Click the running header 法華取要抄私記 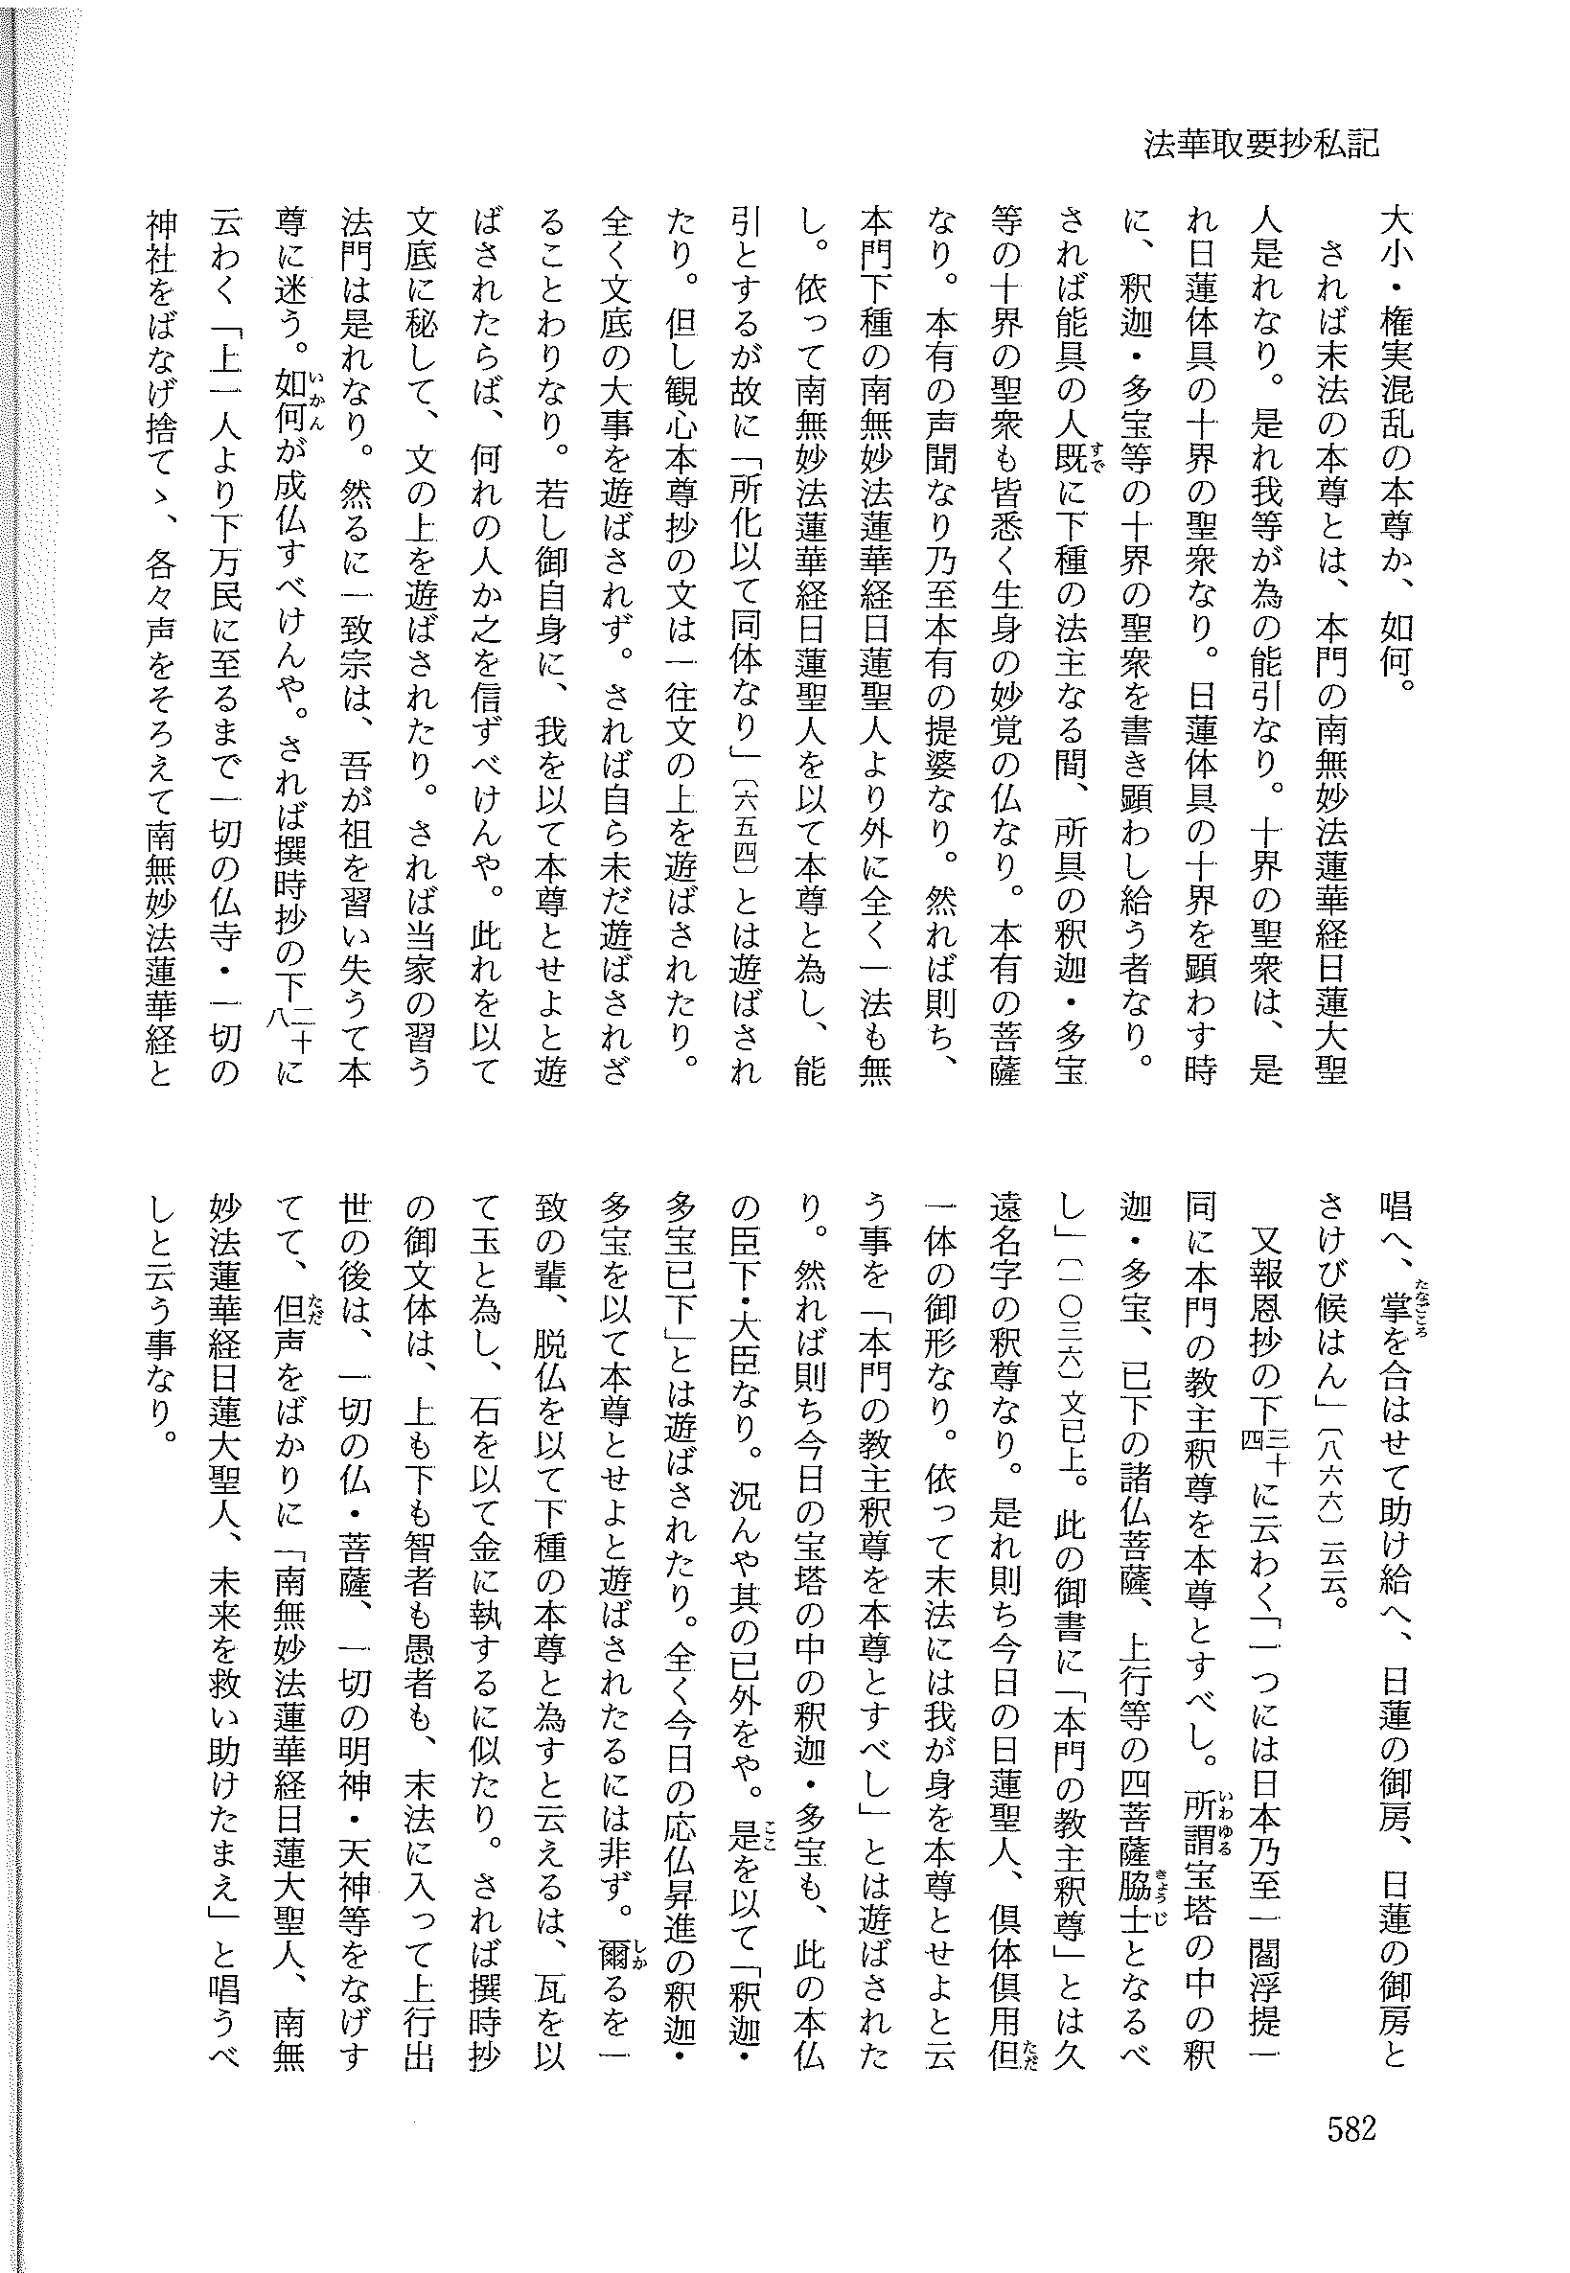click(x=1261, y=145)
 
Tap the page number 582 click(x=1347, y=2123)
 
